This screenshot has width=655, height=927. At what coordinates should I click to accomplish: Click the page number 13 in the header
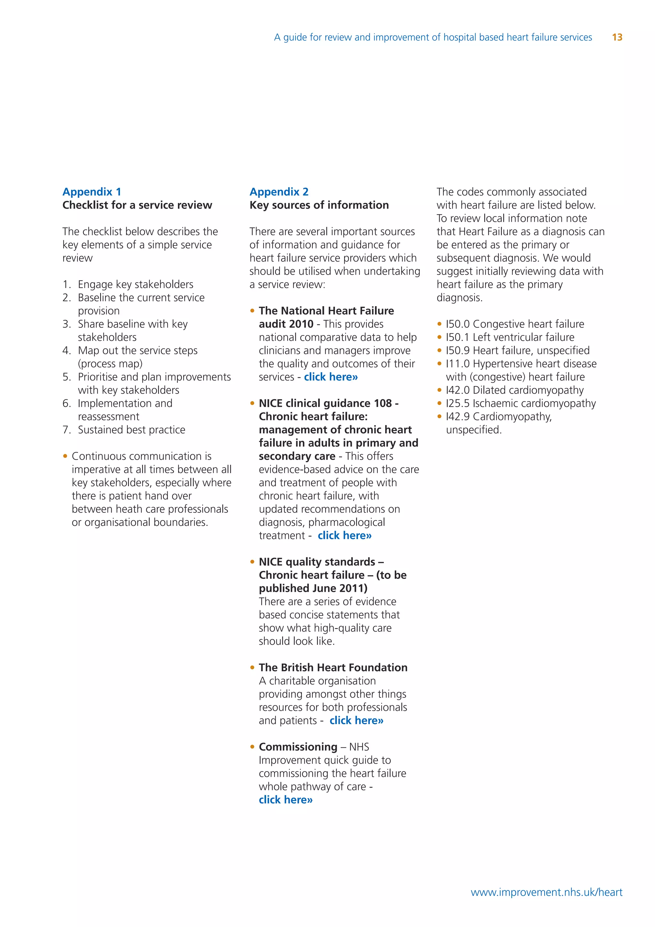pos(617,37)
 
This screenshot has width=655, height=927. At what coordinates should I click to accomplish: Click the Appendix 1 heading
pos(91,192)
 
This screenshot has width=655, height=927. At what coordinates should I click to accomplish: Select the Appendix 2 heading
pos(279,192)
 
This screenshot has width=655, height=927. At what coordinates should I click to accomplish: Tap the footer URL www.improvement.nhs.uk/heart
pos(546,892)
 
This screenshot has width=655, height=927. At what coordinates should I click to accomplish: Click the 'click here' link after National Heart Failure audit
pos(331,377)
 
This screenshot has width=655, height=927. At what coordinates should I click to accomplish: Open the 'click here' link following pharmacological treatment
pos(344,536)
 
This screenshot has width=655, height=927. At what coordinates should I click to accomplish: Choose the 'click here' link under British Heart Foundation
pos(356,720)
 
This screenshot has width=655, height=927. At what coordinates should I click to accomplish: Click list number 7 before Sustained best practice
pos(67,430)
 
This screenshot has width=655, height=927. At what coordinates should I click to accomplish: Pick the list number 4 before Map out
pos(67,351)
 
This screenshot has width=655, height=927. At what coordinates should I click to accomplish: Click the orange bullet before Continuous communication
pos(65,456)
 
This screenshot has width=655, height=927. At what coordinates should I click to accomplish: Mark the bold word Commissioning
pos(298,747)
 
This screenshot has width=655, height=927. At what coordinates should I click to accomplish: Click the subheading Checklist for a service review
pos(137,205)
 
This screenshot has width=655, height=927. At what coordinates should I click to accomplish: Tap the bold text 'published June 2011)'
pos(313,588)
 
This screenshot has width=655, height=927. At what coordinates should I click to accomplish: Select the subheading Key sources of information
pos(319,205)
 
